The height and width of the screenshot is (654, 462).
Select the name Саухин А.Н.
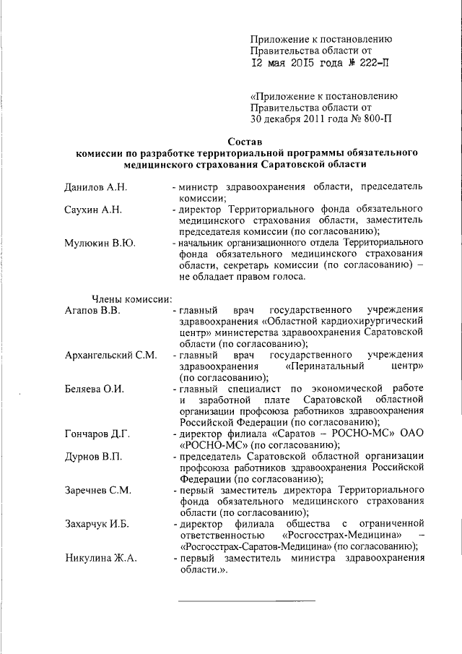pyautogui.click(x=92, y=210)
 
